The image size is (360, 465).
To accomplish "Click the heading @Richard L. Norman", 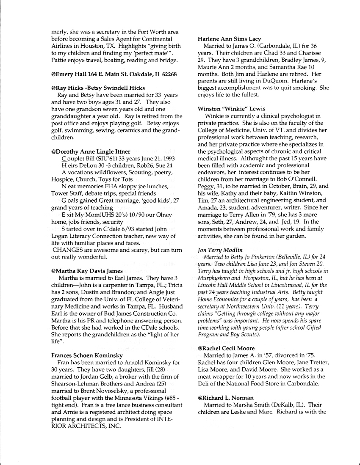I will click(x=225, y=398).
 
